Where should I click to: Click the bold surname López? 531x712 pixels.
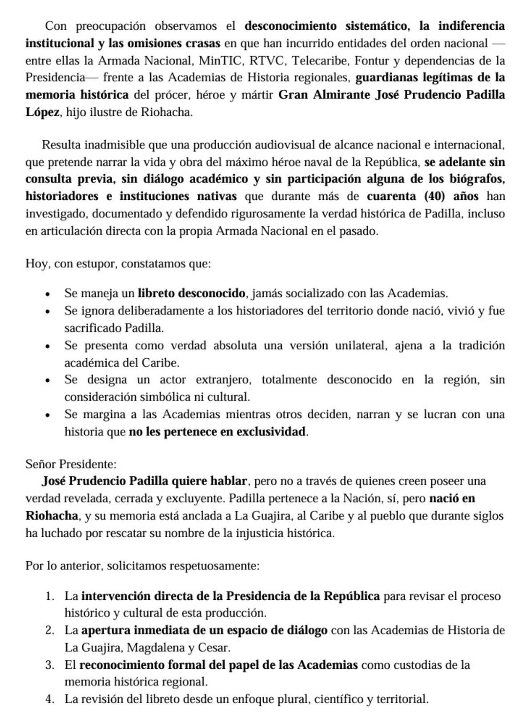point(42,112)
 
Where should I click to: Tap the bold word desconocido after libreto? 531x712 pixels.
point(211,293)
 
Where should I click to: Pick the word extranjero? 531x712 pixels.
point(224,380)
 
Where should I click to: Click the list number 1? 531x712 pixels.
point(50,596)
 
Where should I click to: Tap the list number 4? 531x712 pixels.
point(50,699)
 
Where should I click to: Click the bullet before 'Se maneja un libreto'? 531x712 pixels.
point(48,294)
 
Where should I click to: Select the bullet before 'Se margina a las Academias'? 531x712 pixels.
point(48,415)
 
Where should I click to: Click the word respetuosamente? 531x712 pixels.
point(214,566)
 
